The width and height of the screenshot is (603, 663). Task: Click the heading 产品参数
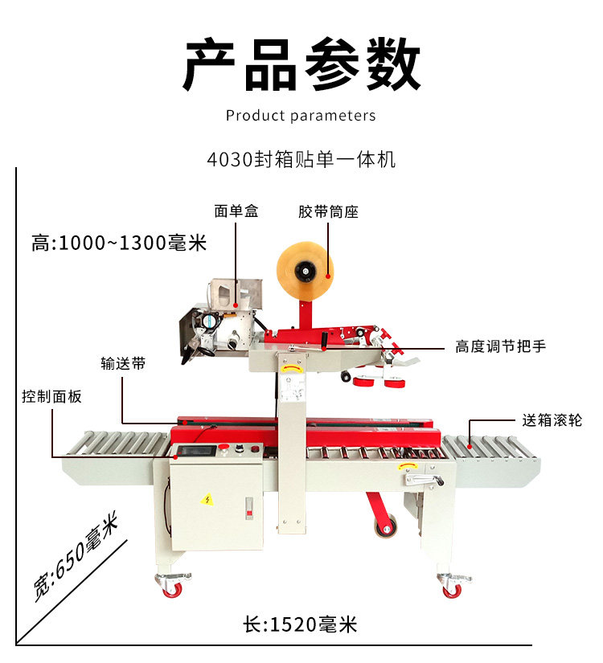click(301, 64)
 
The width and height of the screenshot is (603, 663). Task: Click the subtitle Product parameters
click(301, 116)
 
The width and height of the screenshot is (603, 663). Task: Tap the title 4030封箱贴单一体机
click(301, 158)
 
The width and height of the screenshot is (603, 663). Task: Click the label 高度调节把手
click(500, 347)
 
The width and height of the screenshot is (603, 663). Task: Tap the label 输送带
click(123, 363)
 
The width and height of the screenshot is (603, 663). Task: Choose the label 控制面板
click(51, 396)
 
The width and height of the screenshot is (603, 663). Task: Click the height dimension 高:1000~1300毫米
click(119, 243)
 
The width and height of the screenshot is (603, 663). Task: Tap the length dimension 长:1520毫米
click(299, 624)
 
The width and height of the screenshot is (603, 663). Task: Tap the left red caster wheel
click(172, 589)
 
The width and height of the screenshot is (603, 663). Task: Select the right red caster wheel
click(453, 589)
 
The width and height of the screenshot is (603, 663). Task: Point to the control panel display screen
click(199, 451)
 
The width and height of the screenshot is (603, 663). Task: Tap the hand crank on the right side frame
click(424, 481)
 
